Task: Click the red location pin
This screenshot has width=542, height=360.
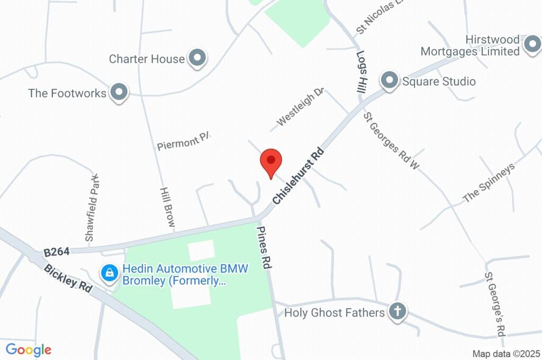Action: [271, 160]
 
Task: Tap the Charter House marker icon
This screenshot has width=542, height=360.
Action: [198, 58]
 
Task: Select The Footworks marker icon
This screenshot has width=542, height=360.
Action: [119, 93]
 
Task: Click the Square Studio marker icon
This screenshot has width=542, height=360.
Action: [390, 81]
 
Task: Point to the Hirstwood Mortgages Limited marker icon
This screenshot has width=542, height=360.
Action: [531, 46]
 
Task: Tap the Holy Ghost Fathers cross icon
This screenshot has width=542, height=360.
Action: [396, 312]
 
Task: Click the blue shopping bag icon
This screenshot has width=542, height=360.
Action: [109, 273]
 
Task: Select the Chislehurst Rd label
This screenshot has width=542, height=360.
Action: [298, 176]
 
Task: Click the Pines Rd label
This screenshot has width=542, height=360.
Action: [264, 248]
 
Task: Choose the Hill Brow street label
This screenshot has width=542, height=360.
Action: [167, 207]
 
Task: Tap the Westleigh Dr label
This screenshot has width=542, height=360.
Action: [300, 107]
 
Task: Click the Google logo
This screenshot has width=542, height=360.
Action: [29, 350]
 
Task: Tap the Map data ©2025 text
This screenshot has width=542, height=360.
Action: [506, 354]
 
